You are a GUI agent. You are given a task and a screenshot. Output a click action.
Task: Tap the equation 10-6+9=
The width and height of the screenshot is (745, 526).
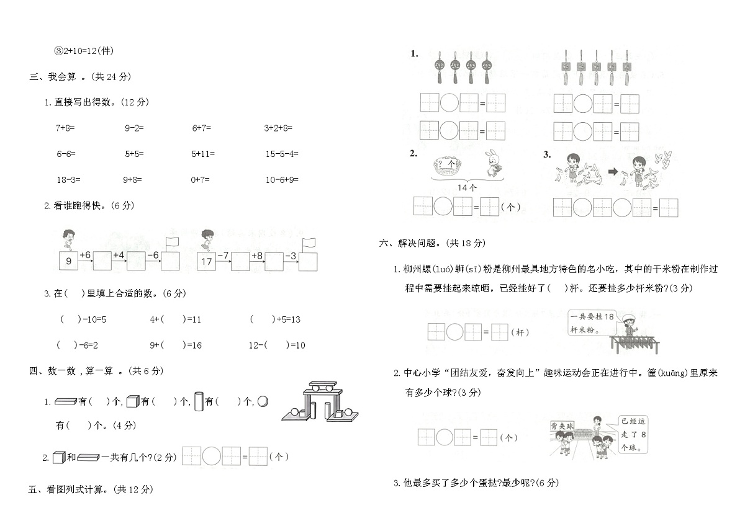282,179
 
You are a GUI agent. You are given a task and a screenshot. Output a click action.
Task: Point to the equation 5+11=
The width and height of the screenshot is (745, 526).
203,153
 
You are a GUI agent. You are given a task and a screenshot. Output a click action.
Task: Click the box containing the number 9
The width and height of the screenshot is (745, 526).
69,261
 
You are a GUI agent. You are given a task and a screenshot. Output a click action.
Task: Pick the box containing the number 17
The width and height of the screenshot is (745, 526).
207,261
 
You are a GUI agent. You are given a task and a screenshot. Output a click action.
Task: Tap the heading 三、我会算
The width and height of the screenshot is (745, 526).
80,77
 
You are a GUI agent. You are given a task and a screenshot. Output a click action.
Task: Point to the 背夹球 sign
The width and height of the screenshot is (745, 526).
562,426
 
